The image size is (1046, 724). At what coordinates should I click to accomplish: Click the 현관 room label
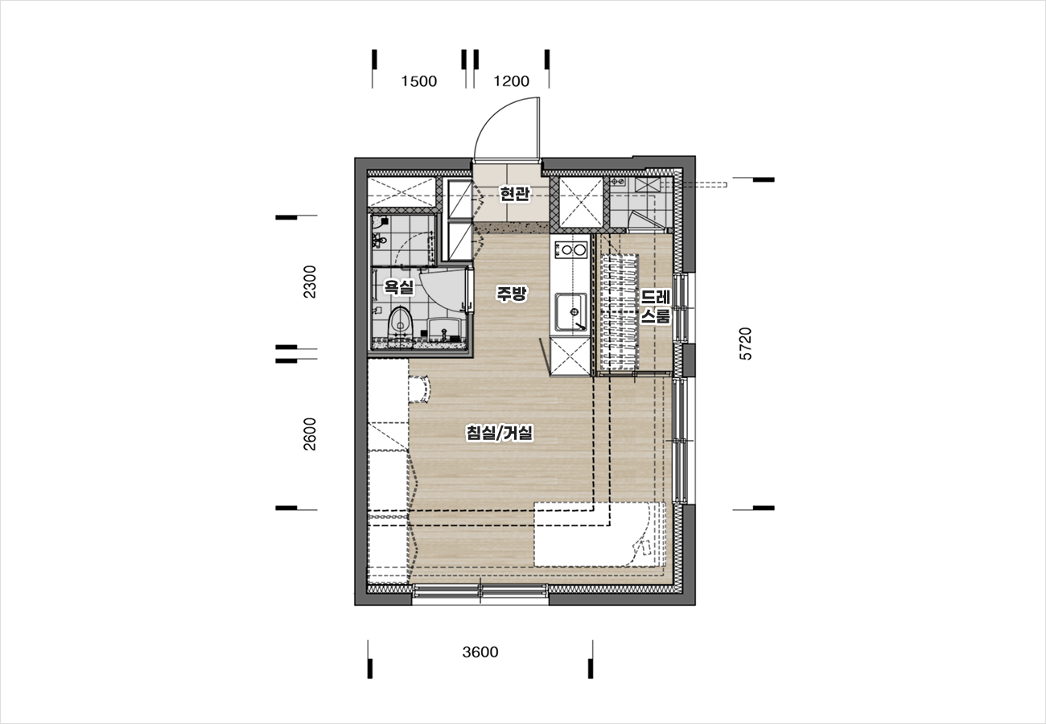pos(515,194)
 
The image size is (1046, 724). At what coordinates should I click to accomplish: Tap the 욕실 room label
pos(399,286)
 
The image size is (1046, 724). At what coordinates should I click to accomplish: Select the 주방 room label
pos(512,294)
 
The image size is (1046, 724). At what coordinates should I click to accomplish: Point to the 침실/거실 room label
pos(499,433)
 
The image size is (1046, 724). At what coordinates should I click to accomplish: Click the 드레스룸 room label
pos(656,306)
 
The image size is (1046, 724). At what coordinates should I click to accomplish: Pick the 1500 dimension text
pos(419,81)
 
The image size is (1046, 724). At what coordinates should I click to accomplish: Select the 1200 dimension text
pos(511,81)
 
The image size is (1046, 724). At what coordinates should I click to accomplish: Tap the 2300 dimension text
pos(310,282)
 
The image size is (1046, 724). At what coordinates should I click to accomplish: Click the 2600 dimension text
pos(310,434)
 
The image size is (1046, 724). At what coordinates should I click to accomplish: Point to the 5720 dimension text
pos(746,343)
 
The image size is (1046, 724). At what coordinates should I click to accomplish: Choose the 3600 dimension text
pos(480,652)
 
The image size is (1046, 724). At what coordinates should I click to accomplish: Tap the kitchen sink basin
pos(570,312)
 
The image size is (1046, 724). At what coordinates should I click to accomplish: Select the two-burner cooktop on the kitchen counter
pos(570,249)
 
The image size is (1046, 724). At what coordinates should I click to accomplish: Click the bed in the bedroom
pos(599,534)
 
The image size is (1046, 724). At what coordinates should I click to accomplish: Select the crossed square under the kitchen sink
pos(570,356)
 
